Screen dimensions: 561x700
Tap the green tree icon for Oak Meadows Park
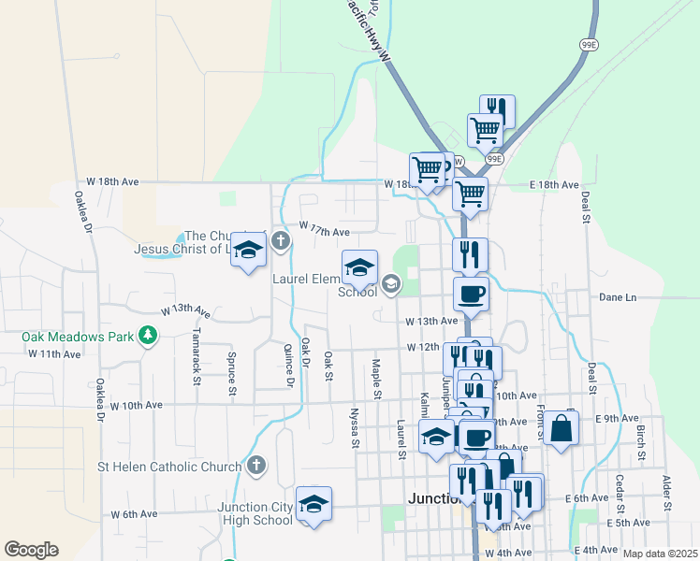click(x=147, y=335)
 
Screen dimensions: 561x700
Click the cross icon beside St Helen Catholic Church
click(x=256, y=465)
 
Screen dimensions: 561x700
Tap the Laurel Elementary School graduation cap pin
click(x=359, y=268)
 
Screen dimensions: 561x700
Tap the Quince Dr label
click(x=289, y=363)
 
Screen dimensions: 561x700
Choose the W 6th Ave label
click(x=134, y=514)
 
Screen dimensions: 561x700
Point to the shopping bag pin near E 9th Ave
click(x=561, y=429)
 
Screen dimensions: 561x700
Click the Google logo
click(x=31, y=550)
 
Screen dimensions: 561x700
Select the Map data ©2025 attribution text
click(x=660, y=554)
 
